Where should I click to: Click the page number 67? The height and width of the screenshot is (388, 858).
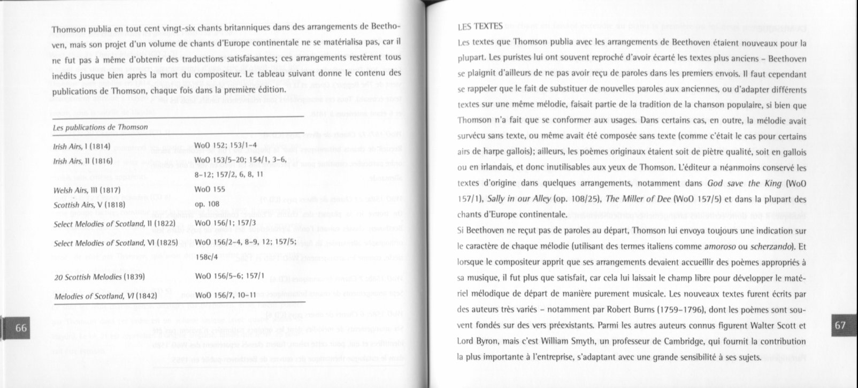840,325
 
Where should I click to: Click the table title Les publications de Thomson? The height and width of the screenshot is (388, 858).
100,127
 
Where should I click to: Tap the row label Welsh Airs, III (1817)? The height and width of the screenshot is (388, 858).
88,191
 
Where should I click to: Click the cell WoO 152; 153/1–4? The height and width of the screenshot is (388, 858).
226,145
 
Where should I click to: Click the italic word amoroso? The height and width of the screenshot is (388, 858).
718,247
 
